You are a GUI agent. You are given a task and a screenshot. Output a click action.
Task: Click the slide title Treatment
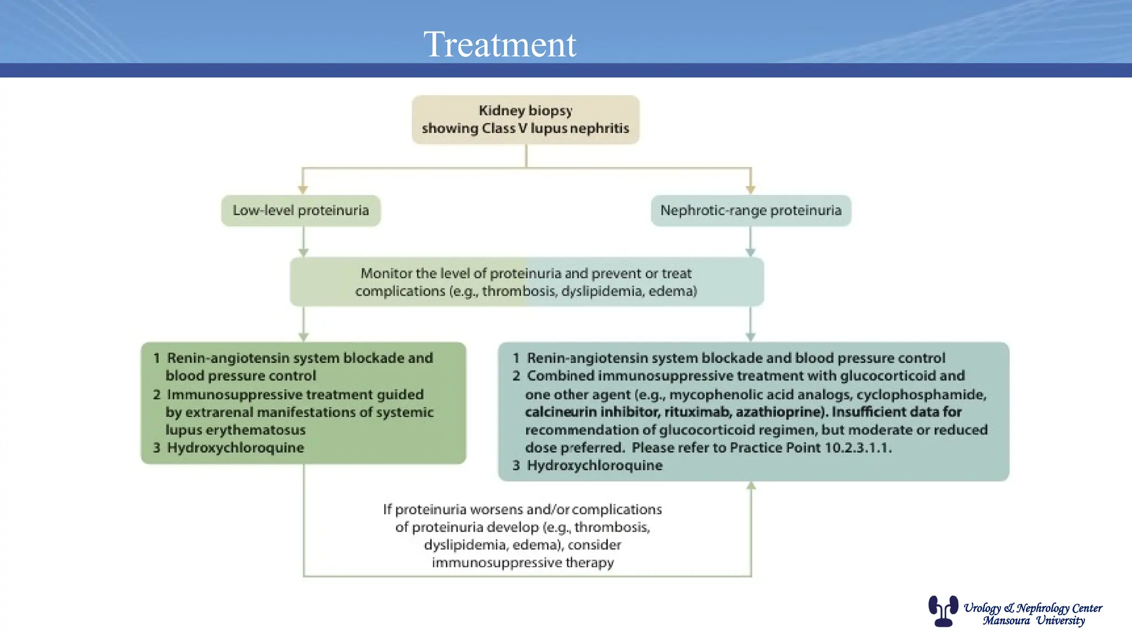coord(500,44)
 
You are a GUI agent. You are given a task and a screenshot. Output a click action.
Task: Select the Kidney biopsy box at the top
coord(525,119)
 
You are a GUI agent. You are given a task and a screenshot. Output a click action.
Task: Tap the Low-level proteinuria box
coord(301,211)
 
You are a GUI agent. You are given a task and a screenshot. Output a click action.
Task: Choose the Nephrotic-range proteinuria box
coord(751,211)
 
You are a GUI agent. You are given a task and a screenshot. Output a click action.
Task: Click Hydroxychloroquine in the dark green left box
coord(235,448)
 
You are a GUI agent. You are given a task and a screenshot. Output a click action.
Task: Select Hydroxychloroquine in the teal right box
coord(594,466)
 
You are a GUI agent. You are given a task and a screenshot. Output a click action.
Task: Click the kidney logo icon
coord(943,610)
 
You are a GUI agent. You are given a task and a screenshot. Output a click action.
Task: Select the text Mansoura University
coord(1034,621)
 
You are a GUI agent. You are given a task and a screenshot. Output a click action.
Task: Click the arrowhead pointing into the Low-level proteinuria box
coord(303,190)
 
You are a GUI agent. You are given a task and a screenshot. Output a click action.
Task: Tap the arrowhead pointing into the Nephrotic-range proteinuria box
coord(750,190)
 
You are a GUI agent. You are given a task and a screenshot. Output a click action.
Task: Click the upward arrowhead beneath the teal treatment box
coord(751,485)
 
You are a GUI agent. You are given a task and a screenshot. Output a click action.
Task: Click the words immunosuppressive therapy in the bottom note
coord(523,563)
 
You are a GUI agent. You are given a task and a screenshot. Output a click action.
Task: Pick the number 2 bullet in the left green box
coord(157,395)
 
